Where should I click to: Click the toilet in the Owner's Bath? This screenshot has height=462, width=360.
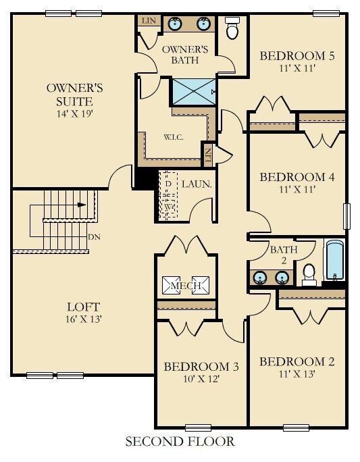(232, 28)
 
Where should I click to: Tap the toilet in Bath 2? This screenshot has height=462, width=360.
(309, 275)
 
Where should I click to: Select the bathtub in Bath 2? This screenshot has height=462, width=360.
(335, 260)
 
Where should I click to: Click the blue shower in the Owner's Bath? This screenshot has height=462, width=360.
(194, 92)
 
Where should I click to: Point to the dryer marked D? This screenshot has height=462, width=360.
(168, 184)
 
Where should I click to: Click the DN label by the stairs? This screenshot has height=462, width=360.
(95, 237)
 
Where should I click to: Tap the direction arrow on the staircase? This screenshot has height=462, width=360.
(82, 205)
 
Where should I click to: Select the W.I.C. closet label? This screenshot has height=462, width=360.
(174, 137)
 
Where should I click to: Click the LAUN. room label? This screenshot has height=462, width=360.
(197, 184)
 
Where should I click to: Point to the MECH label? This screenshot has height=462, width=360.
(186, 286)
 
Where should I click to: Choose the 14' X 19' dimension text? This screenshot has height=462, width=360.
(75, 113)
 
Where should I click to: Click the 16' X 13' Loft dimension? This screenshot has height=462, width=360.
(84, 319)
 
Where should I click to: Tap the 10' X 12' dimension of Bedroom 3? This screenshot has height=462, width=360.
(201, 379)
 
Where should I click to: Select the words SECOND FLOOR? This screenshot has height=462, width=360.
(180, 442)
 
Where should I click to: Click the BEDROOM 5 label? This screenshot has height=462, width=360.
(297, 55)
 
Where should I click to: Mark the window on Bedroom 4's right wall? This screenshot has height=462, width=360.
(347, 216)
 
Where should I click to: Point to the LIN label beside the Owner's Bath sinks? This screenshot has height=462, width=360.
(149, 21)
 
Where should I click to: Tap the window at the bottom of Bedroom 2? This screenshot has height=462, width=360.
(296, 428)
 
